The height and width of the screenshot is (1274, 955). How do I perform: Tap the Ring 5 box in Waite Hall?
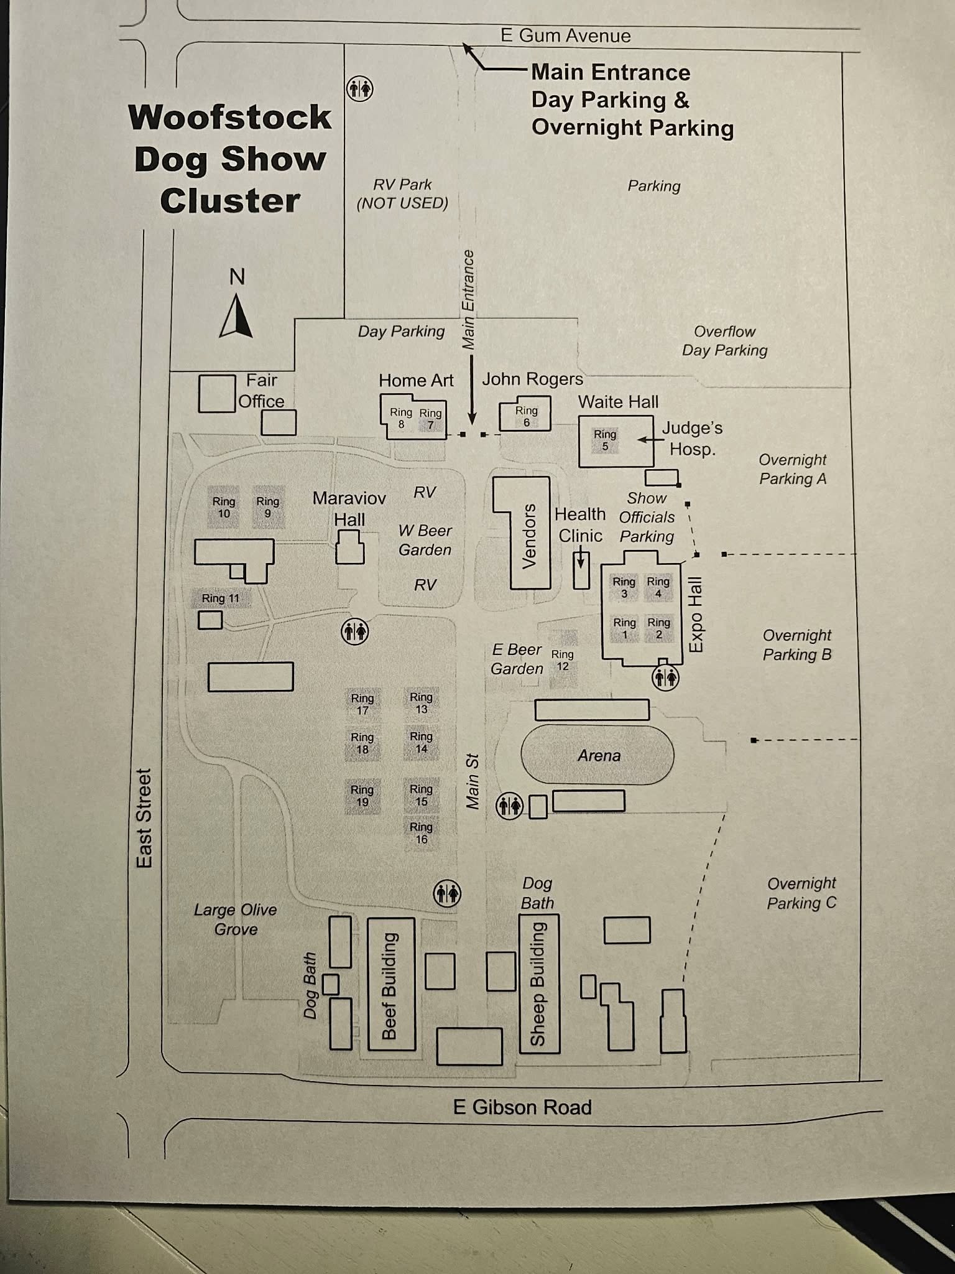(x=605, y=440)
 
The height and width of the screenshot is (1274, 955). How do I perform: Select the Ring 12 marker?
(x=563, y=659)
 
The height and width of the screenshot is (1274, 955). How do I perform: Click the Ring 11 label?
(x=221, y=598)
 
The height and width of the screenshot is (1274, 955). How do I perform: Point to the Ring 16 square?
(x=421, y=832)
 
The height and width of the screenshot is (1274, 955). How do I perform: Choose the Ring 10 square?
(x=224, y=507)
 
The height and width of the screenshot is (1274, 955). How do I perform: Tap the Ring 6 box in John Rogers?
(x=526, y=416)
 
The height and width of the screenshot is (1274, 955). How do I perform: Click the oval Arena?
(x=598, y=755)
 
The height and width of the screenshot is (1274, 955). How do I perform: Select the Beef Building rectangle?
(x=392, y=983)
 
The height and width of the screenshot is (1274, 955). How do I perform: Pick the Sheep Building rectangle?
(x=539, y=983)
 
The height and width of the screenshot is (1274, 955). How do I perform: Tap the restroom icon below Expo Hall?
(x=665, y=677)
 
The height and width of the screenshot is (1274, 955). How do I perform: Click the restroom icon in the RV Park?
(x=359, y=89)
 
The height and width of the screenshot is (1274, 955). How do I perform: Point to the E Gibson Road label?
(x=522, y=1108)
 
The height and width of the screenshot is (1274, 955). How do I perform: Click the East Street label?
(x=144, y=818)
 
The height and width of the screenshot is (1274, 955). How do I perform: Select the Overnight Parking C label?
(x=801, y=893)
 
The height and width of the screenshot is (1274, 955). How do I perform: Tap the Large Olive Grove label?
(x=235, y=919)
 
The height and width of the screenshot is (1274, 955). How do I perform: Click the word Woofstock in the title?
(x=230, y=118)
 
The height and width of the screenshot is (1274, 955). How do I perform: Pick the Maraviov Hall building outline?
(x=349, y=547)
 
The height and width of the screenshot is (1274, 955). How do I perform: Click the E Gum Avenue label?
(x=566, y=35)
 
